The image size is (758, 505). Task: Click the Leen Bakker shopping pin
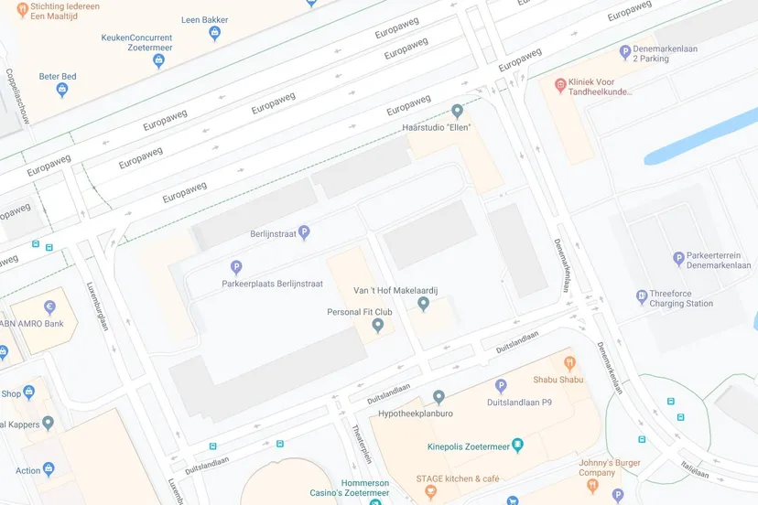coord(215,34)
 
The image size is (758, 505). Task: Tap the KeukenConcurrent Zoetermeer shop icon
coord(158,61)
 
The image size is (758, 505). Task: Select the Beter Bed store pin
coord(62,90)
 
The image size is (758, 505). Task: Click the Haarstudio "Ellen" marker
coord(458,111)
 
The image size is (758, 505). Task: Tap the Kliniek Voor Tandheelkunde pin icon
coord(560,85)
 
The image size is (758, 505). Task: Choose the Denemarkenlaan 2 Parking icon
coord(625,52)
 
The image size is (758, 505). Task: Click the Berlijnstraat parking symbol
coord(304,233)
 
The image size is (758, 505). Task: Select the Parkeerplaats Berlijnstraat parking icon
coord(236,267)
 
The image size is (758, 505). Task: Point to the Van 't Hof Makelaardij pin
coord(423,304)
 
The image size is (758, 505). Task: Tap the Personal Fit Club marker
coord(377,325)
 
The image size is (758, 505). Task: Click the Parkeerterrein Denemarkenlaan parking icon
coord(678,259)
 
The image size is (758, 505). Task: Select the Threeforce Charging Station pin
coord(642,296)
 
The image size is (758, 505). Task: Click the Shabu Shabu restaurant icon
coord(569,363)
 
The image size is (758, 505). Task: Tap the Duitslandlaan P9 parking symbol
coord(501,386)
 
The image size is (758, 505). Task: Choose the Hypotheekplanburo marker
coord(439,397)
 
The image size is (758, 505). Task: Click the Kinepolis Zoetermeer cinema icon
coord(517,446)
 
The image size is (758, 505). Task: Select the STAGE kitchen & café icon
coord(431,492)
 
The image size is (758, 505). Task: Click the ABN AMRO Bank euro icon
coord(49,307)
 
